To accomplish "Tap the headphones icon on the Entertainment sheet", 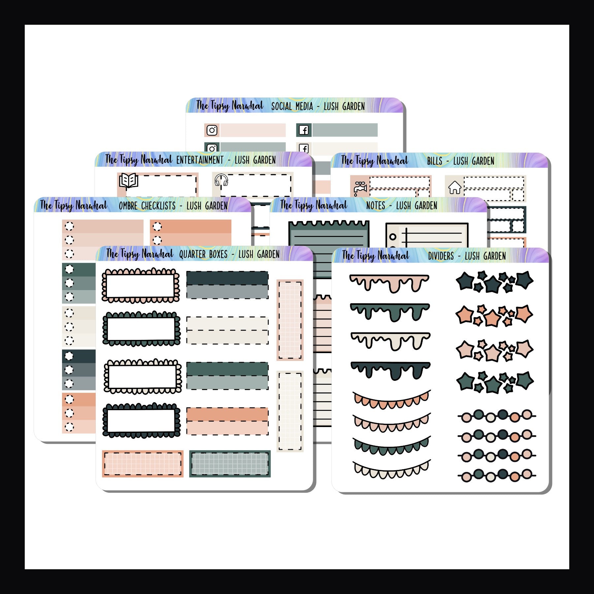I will [221, 180].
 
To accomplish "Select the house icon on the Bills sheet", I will [454, 187].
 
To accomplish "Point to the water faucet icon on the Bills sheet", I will [359, 188].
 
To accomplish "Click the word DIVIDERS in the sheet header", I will [441, 256].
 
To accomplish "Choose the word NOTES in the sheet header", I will [376, 206].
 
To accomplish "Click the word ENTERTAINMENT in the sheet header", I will [200, 160].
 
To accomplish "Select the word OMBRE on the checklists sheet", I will [128, 206].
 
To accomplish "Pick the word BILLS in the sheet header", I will [434, 161].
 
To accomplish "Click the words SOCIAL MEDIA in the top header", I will [292, 107].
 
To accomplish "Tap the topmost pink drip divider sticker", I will [389, 283].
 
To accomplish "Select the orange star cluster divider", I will [494, 315].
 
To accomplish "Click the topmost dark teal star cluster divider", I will [494, 281].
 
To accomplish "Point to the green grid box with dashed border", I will [230, 464].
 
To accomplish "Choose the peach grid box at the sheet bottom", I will [143, 464].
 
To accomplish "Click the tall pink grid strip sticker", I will [290, 320].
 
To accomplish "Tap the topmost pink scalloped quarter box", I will [141, 285].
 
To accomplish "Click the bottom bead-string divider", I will [496, 476].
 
